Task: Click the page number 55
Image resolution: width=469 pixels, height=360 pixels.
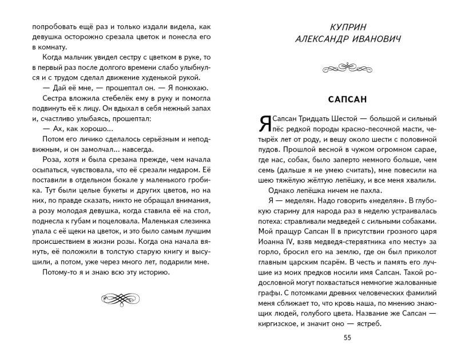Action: [347, 337]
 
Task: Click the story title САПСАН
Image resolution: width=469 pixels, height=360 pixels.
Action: [348, 98]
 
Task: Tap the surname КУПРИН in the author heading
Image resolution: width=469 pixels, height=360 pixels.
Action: [347, 27]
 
